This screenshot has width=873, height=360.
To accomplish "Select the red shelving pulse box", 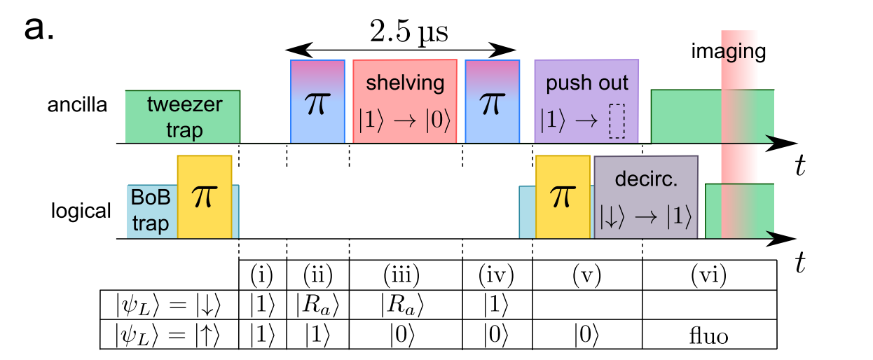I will coord(405,102).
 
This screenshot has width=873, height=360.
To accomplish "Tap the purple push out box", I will coord(586,102).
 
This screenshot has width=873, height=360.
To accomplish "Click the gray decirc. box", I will coord(646,198).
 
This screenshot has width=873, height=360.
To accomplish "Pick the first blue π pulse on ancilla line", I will coord(318,102).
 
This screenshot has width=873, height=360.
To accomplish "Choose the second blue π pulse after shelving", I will coord(492,102).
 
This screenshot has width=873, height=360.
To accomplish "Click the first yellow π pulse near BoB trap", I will coord(204,198).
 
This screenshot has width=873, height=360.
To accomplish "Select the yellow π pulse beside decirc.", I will coord(563,198).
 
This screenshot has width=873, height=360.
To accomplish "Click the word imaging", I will coord(728,51).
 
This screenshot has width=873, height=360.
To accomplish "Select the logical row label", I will coord(81,211).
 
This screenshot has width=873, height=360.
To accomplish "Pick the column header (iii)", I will coord(405,273).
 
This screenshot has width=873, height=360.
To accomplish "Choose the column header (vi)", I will coord(708,273).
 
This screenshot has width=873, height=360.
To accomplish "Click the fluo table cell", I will coord(708,335).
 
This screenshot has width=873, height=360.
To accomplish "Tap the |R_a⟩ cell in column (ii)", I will coord(317,304).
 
